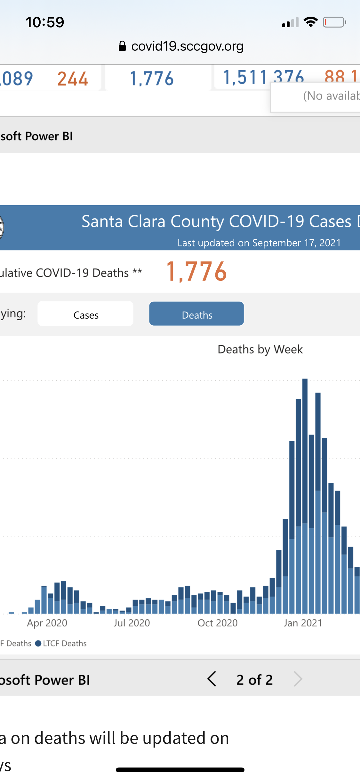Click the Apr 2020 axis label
click(47, 623)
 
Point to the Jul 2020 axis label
click(132, 623)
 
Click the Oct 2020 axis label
click(218, 623)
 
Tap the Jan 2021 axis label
click(303, 623)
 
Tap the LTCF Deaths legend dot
click(38, 643)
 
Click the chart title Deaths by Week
click(260, 349)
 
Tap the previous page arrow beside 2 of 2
click(212, 679)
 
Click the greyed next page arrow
click(298, 679)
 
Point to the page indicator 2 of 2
click(254, 679)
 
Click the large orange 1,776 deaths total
click(196, 272)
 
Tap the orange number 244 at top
click(73, 79)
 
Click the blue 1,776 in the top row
click(152, 79)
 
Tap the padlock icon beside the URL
click(122, 46)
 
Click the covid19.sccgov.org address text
click(187, 46)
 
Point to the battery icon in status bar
click(334, 22)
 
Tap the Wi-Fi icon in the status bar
click(310, 22)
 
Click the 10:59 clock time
click(45, 22)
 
